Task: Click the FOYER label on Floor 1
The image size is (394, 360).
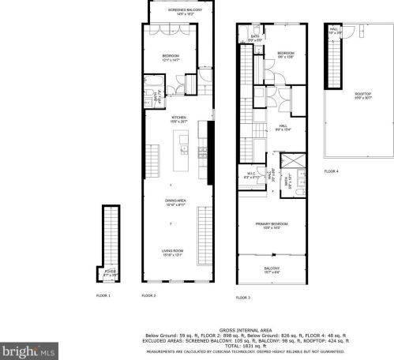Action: point(111,272)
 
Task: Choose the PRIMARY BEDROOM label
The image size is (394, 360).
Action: point(271,225)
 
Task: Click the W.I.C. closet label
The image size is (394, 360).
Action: point(250,174)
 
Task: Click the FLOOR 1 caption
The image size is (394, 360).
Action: point(104,295)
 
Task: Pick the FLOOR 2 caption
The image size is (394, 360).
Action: point(149,295)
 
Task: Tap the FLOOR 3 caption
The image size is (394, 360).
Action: point(243,298)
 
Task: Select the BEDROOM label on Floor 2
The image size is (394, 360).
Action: point(171,57)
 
